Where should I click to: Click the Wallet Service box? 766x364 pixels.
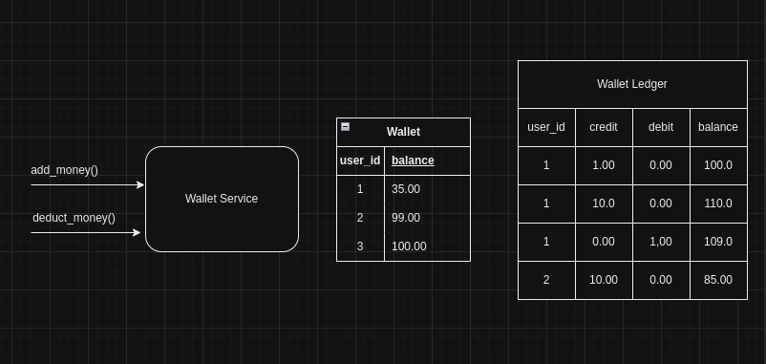(x=222, y=199)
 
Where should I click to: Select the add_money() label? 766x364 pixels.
(x=64, y=170)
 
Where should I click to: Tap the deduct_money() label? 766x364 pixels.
(x=74, y=218)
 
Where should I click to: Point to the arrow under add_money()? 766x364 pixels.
(x=87, y=184)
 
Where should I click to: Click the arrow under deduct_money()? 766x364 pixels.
(x=86, y=232)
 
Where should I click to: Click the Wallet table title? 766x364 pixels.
(x=403, y=132)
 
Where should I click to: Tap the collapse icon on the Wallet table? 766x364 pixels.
(x=345, y=126)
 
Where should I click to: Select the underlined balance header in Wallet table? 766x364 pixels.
(x=413, y=161)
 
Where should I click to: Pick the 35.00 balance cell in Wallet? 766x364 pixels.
(x=406, y=189)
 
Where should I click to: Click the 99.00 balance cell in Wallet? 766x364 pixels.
(x=406, y=218)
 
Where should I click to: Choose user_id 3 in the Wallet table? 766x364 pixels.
(x=360, y=246)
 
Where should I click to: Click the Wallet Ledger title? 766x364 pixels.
(x=632, y=84)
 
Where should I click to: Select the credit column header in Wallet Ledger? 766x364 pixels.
(x=604, y=127)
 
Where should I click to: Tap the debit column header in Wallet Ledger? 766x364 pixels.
(x=661, y=127)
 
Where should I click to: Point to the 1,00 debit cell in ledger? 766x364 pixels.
(x=661, y=242)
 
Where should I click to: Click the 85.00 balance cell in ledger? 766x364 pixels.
(x=718, y=280)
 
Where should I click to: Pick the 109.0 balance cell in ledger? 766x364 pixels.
(x=718, y=242)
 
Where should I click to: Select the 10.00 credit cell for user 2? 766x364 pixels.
(x=604, y=280)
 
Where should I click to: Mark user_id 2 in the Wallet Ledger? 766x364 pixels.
(x=546, y=280)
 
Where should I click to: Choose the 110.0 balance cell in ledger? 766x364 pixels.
(x=718, y=203)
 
